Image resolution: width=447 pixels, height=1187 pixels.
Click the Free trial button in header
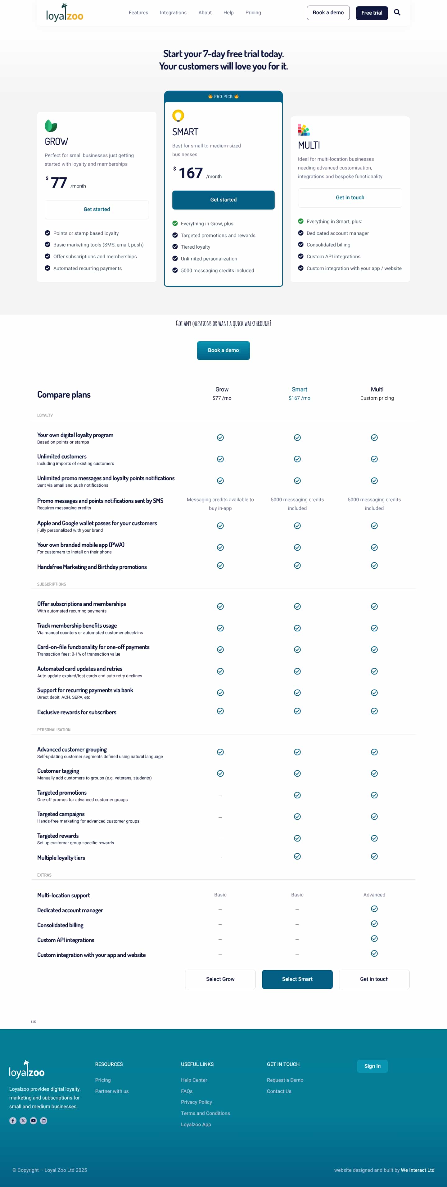pyautogui.click(x=372, y=13)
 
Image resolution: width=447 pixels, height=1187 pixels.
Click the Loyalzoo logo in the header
pyautogui.click(x=65, y=13)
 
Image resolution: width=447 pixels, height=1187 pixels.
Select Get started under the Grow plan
pyautogui.click(x=97, y=209)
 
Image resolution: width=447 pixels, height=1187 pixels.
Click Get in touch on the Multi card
pyautogui.click(x=350, y=198)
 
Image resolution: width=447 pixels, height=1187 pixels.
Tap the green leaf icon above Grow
pyautogui.click(x=51, y=125)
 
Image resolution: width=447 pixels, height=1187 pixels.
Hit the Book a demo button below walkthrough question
pyautogui.click(x=223, y=350)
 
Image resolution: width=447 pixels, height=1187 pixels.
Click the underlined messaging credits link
pyautogui.click(x=73, y=508)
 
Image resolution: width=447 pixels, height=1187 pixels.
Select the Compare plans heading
pyautogui.click(x=64, y=395)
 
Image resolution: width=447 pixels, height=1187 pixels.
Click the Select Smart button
pyautogui.click(x=297, y=979)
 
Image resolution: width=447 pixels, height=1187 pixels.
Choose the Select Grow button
pyautogui.click(x=220, y=979)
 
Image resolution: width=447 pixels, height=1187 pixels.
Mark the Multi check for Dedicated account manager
pyautogui.click(x=374, y=909)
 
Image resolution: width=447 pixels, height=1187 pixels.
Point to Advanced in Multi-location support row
pyautogui.click(x=374, y=895)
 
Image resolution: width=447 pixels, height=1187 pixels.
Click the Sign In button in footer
pyautogui.click(x=372, y=1066)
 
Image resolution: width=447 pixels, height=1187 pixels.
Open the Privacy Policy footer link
pyautogui.click(x=196, y=1102)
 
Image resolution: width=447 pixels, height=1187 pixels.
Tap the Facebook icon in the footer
pyautogui.click(x=13, y=1121)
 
